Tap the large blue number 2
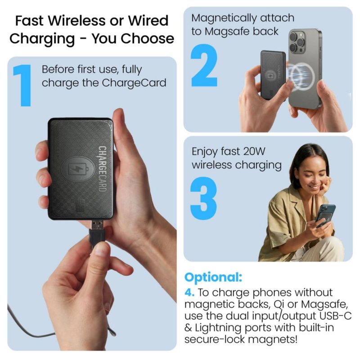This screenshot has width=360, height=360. (204, 65)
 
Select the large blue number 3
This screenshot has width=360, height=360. (204, 198)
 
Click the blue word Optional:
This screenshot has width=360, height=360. (213, 277)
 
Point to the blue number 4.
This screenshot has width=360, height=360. (189, 292)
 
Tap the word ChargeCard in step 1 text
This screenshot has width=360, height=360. (134, 83)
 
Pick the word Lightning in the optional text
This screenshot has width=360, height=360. (218, 328)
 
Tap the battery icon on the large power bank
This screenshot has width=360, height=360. (78, 169)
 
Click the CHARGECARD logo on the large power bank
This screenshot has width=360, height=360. (102, 169)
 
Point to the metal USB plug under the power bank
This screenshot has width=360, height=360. (96, 225)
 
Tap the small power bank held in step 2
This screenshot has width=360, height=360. (273, 75)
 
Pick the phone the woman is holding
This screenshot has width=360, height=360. (325, 215)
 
